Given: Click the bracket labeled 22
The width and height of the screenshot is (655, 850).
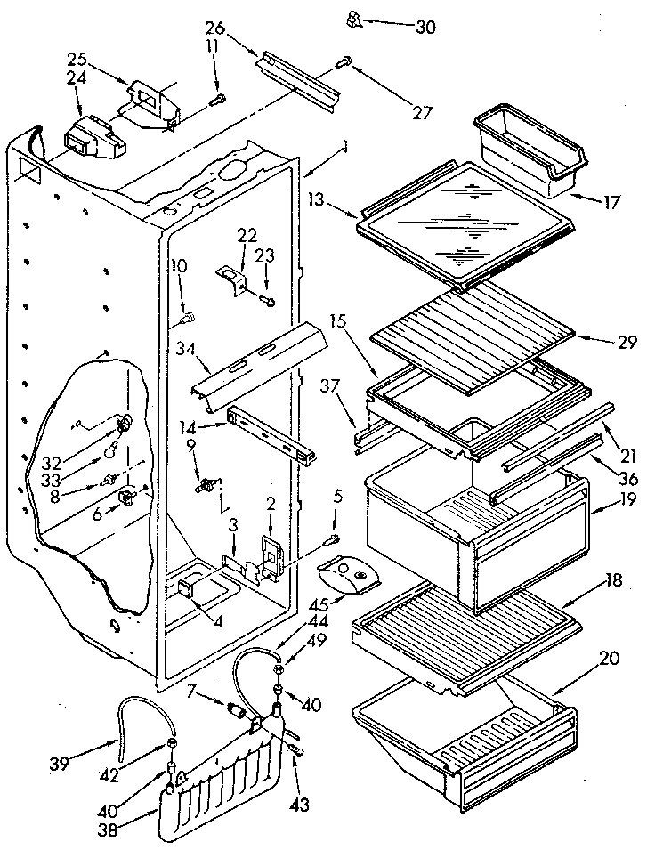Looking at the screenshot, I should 234,279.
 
